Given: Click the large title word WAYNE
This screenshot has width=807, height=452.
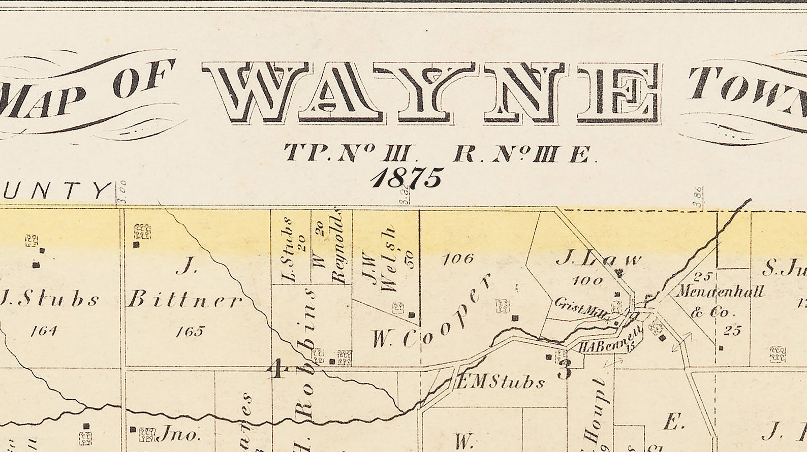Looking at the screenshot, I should click(432, 92).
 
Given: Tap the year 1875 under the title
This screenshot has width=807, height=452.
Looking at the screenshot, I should click(407, 178).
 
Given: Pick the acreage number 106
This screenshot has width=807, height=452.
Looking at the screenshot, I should click(458, 259).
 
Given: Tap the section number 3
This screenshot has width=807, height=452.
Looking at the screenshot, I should click(564, 370).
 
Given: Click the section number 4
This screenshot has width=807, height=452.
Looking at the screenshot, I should click(276, 369).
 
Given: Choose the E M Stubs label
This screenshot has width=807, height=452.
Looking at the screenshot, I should click(500, 382).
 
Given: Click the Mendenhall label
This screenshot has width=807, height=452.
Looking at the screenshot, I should click(720, 292).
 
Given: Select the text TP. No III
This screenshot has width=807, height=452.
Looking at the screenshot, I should click(351, 153).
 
